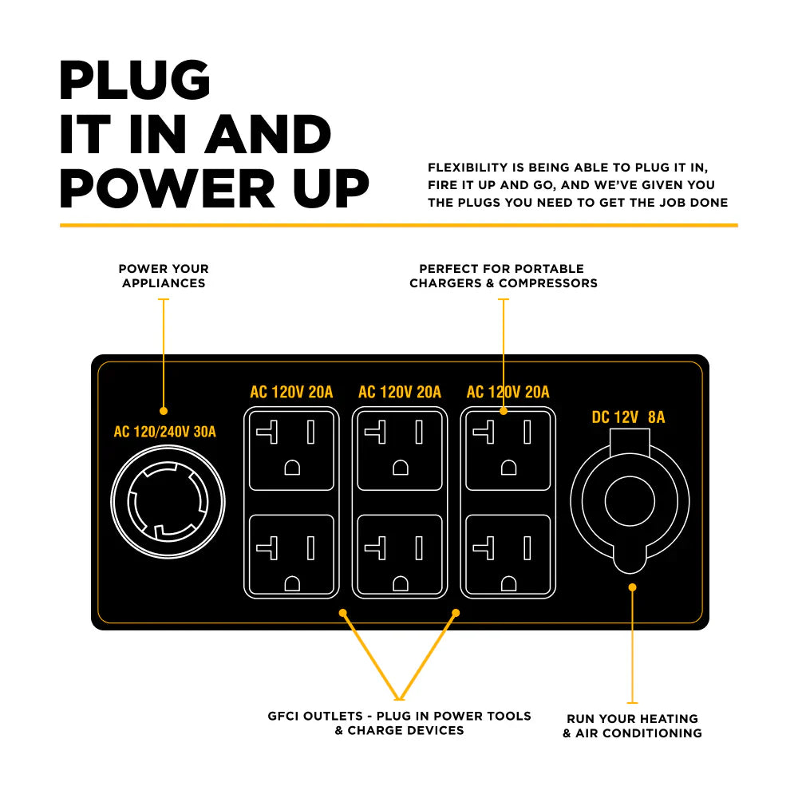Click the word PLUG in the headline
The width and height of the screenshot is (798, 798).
pyautogui.click(x=135, y=81)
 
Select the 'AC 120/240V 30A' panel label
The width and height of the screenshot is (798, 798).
pyautogui.click(x=165, y=433)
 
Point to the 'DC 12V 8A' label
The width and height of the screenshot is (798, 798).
pyautogui.click(x=628, y=417)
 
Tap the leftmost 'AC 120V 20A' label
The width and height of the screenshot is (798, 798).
pyautogui.click(x=291, y=392)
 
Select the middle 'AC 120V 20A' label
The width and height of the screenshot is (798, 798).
pyautogui.click(x=400, y=392)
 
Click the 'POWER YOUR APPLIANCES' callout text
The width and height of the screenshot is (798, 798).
pyautogui.click(x=164, y=276)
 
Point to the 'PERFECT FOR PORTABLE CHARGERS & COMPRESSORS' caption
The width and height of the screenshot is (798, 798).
pyautogui.click(x=503, y=276)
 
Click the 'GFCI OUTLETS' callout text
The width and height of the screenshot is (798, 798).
pyautogui.click(x=399, y=723)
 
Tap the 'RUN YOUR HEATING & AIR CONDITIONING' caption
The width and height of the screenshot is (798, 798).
pyautogui.click(x=632, y=725)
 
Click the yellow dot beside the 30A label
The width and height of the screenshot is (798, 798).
pyautogui.click(x=164, y=411)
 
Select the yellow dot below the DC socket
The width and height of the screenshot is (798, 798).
pyautogui.click(x=632, y=587)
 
